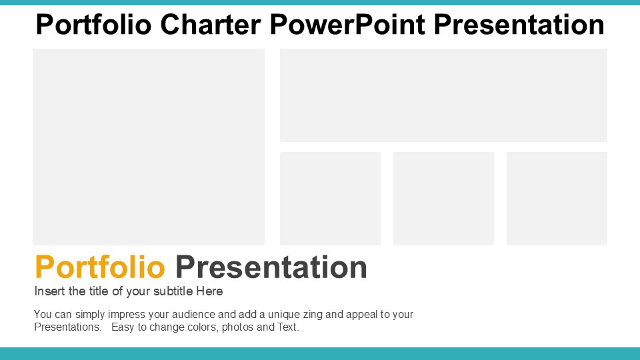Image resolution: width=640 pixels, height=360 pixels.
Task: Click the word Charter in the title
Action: click(x=210, y=25)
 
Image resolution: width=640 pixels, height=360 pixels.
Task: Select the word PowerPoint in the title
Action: click(x=347, y=25)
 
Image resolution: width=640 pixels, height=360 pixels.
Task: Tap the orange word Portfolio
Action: click(x=100, y=267)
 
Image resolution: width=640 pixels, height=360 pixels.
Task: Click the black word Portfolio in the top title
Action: click(x=93, y=25)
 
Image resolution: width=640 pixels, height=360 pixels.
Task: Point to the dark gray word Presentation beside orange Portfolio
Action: click(x=271, y=267)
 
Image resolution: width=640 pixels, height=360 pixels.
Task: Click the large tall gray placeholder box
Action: click(x=149, y=147)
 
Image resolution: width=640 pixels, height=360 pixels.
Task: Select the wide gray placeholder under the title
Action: click(x=444, y=95)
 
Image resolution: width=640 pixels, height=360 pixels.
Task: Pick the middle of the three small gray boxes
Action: click(x=444, y=199)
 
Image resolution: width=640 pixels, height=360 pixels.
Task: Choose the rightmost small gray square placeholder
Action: click(x=557, y=199)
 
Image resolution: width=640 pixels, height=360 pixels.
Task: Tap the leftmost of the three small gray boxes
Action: click(x=330, y=199)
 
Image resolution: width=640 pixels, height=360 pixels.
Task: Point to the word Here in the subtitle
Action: click(x=209, y=291)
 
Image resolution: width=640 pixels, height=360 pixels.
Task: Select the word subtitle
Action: click(x=173, y=291)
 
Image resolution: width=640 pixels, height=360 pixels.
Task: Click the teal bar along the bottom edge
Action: click(x=320, y=353)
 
